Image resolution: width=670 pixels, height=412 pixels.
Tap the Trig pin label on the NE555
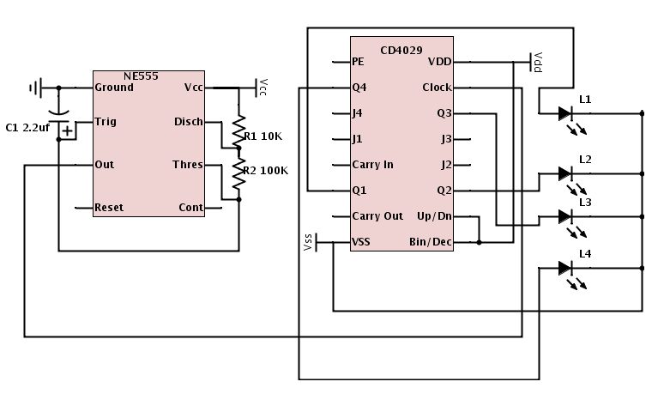pos(106,122)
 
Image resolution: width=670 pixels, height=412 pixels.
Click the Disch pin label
pos(188,122)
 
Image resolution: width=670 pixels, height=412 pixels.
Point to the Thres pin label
pos(188,164)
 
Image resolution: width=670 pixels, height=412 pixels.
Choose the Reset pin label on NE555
pos(109,207)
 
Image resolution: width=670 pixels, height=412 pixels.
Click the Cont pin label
pos(190,207)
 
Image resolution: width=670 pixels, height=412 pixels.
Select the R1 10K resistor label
pos(263,136)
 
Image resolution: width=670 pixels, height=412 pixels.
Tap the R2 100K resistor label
pos(266,170)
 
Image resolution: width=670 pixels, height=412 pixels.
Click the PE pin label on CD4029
pos(359,62)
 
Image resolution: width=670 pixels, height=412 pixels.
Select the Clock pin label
pos(437,88)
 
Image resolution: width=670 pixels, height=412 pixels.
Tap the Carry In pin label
pos(372,164)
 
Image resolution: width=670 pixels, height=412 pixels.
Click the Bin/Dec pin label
pos(432,243)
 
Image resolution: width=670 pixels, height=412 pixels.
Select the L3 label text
pos(585,202)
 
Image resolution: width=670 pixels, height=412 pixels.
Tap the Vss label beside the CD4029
pos(308,244)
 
